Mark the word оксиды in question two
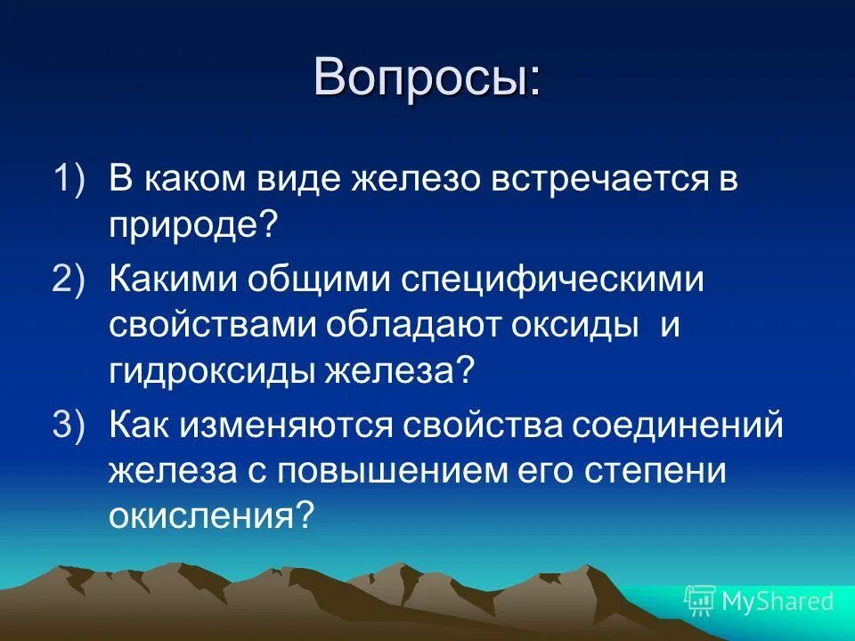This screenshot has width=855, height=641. (x=578, y=326)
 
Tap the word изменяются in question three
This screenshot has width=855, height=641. (x=293, y=425)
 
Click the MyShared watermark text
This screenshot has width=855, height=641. (x=778, y=601)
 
